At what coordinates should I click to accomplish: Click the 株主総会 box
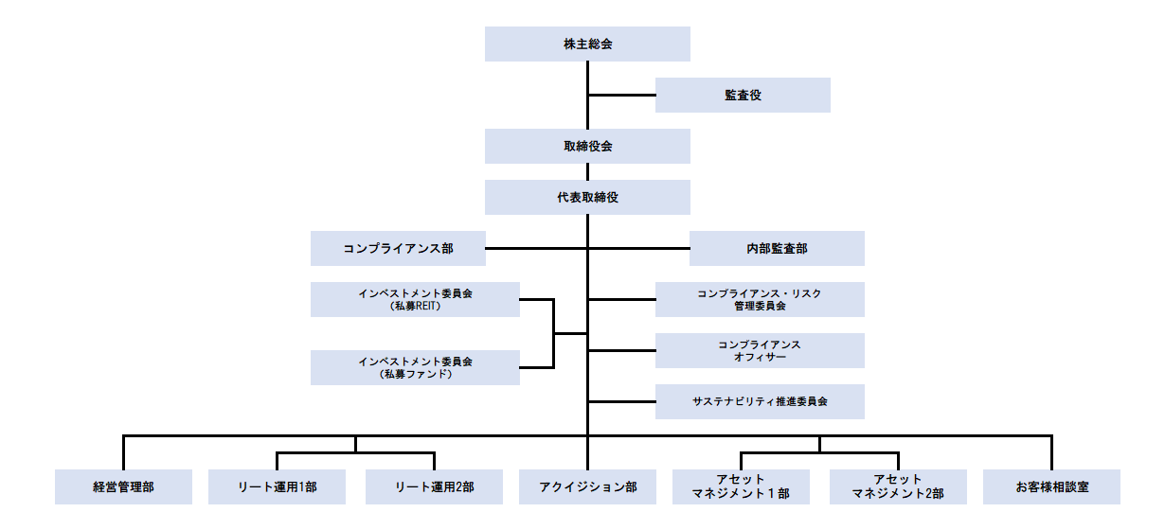587,44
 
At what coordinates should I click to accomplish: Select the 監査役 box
743,95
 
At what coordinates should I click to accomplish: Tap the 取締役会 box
587,147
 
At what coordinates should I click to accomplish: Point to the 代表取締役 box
587,197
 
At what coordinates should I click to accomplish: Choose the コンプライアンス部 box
398,249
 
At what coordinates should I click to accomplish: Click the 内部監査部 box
777,249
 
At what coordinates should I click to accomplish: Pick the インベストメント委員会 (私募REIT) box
415,299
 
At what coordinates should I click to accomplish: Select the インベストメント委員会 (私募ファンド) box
415,367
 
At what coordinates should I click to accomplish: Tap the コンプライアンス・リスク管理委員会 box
760,299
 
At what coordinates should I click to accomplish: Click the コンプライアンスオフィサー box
760,350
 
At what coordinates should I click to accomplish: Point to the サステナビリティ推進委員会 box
760,401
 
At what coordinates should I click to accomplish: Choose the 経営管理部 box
123,486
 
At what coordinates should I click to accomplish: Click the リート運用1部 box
278,486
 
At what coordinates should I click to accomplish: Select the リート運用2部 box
434,486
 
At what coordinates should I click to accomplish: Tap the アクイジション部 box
587,486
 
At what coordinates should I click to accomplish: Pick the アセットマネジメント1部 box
742,486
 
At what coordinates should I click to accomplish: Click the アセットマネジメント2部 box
897,486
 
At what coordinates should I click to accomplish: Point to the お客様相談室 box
1051,486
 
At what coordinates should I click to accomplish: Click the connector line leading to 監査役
621,95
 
